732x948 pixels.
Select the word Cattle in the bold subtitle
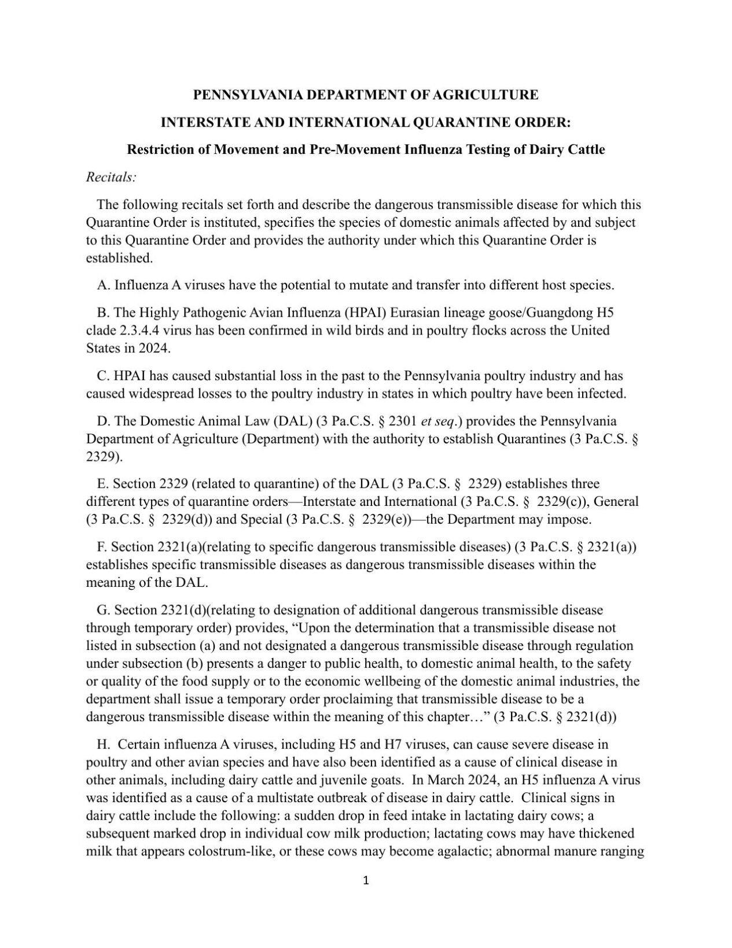tap(584, 149)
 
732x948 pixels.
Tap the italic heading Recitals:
tap(111, 177)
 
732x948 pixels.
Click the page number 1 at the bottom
tap(366, 881)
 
